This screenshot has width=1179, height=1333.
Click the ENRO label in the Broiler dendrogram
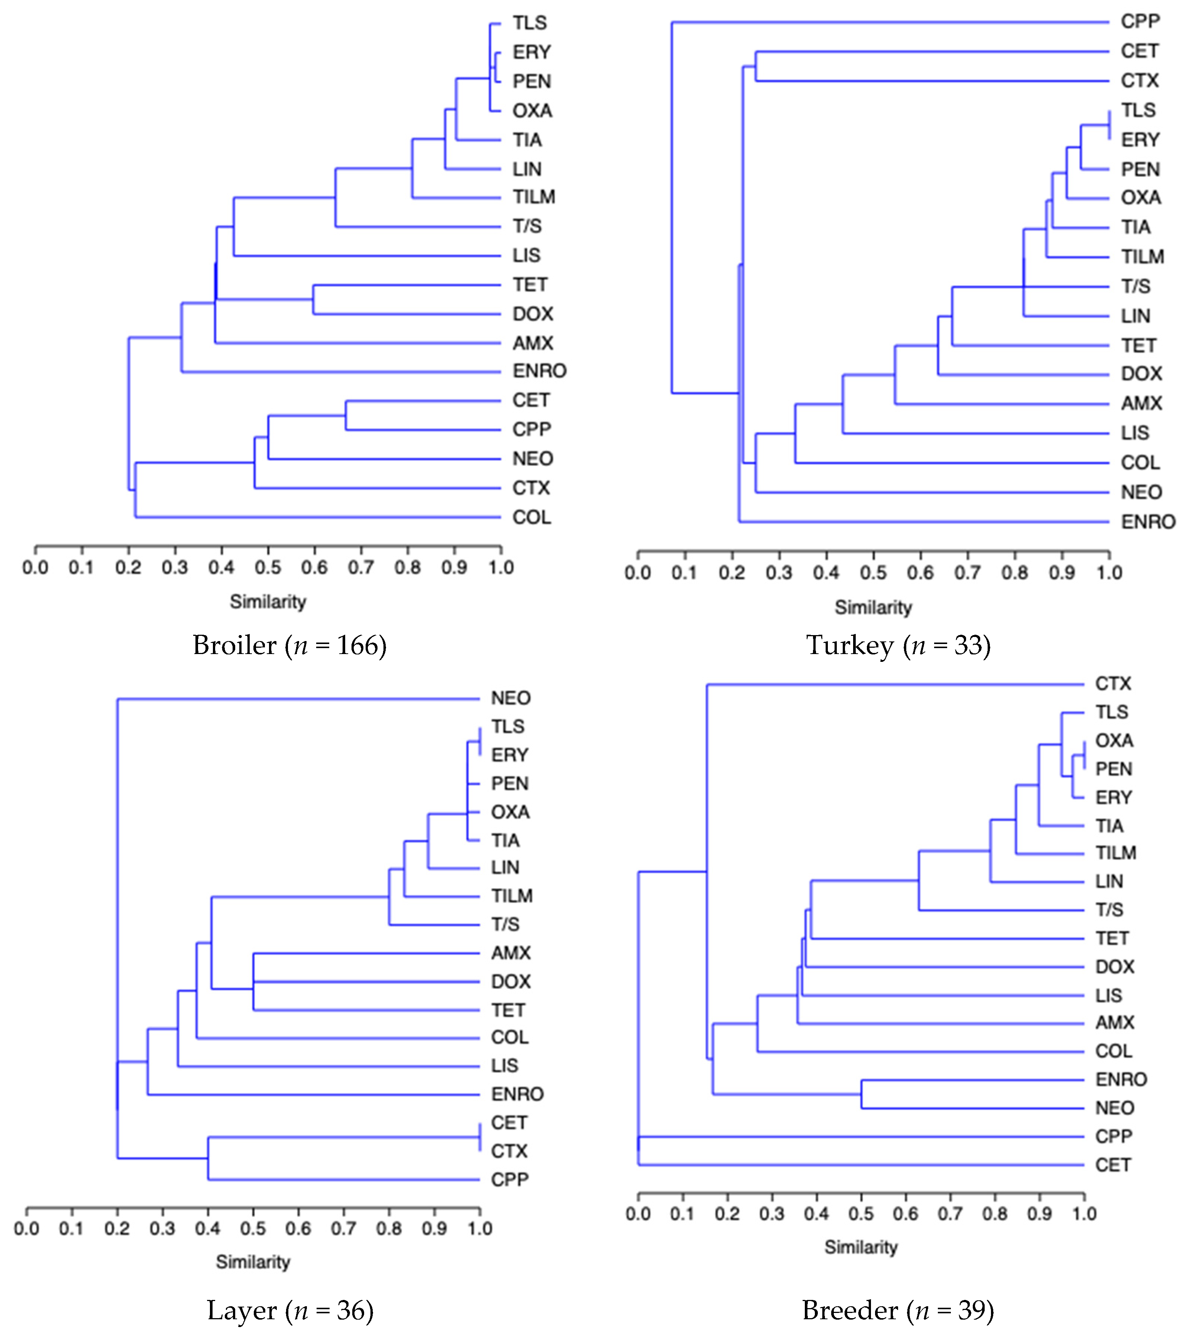pos(539,371)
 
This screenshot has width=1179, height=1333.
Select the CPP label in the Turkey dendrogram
pos(1140,22)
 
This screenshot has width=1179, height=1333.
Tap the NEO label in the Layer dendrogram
pos(511,698)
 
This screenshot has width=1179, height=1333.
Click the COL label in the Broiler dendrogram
pos(531,517)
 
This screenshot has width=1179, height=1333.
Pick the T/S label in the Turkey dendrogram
pos(1135,286)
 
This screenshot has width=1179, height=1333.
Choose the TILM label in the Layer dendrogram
pos(512,896)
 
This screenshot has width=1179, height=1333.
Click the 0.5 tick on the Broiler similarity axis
pos(268,567)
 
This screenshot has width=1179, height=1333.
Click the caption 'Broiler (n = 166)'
pos(289,645)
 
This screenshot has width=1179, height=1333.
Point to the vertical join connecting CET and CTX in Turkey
pos(756,66)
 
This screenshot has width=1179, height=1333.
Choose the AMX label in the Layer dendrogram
pos(511,954)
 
